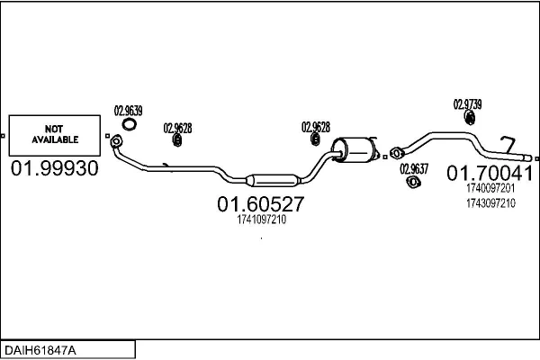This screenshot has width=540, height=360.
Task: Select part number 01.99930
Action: (x=55, y=168)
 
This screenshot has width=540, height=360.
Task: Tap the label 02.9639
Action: (x=128, y=111)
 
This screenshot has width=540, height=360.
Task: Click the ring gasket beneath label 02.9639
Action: (x=130, y=124)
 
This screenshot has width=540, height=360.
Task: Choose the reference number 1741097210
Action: (x=261, y=220)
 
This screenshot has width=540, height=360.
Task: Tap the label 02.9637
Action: (x=414, y=168)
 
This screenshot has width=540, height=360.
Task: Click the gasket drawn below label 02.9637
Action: (x=415, y=182)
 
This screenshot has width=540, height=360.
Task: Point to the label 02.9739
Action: (x=467, y=103)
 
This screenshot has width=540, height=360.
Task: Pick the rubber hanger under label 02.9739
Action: (x=469, y=117)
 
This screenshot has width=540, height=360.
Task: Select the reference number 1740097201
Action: (x=490, y=189)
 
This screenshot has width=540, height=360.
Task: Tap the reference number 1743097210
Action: (x=490, y=203)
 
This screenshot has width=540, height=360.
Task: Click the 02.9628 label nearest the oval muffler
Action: (x=315, y=126)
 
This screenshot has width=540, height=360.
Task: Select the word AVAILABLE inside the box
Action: (x=56, y=140)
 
